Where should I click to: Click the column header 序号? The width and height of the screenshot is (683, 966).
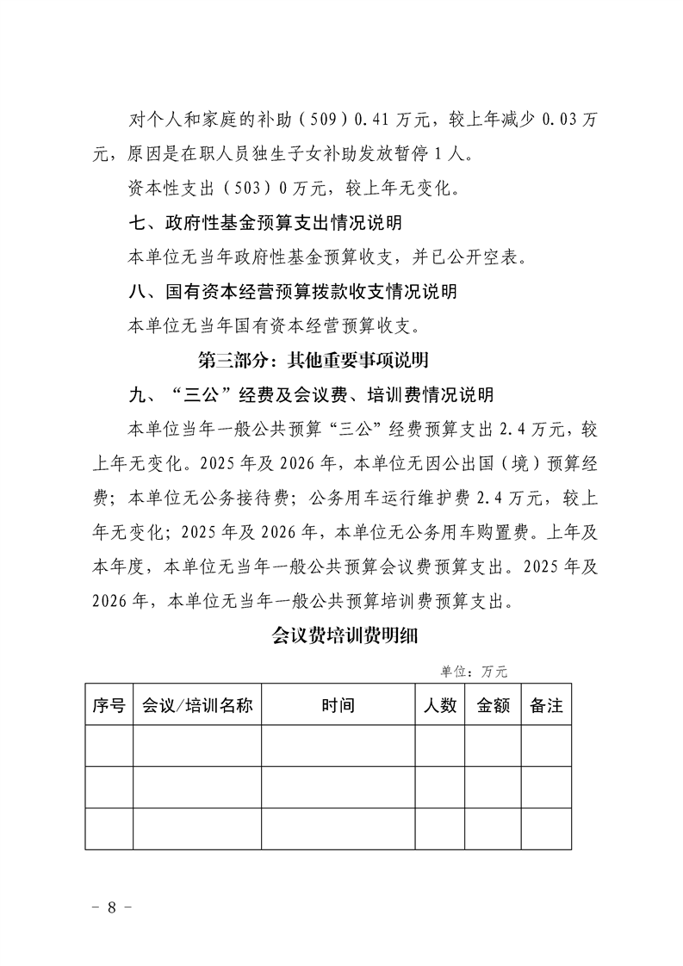click(109, 705)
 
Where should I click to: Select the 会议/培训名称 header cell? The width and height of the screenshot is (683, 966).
click(196, 705)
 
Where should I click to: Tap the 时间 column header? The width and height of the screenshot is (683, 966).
click(338, 705)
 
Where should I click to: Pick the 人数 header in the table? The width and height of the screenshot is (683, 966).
click(440, 705)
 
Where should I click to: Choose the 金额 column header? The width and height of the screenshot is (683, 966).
click(493, 705)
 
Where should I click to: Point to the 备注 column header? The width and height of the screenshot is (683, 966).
click(546, 705)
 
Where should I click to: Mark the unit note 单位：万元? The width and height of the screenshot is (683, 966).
click(474, 671)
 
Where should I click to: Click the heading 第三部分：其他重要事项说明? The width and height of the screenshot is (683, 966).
click(314, 360)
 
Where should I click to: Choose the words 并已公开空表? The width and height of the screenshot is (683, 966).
click(475, 257)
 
